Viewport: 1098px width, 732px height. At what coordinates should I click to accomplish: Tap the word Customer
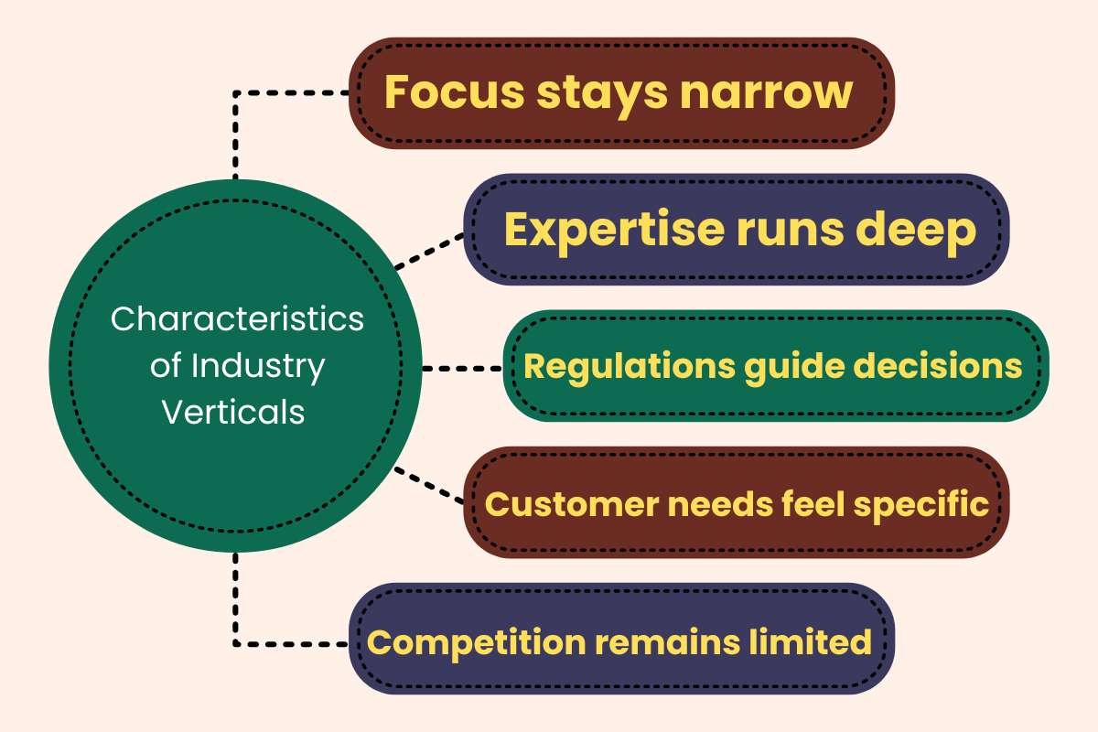(559, 503)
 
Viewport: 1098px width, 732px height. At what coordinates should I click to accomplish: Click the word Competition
(476, 641)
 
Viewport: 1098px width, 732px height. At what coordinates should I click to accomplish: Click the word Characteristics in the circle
(237, 320)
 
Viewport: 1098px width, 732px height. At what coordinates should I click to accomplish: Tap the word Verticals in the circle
(233, 412)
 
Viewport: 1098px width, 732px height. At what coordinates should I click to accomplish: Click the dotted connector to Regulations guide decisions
(462, 369)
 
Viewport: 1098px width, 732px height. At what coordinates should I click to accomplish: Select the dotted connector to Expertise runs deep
(430, 252)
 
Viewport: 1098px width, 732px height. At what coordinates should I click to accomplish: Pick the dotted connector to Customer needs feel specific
(430, 485)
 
